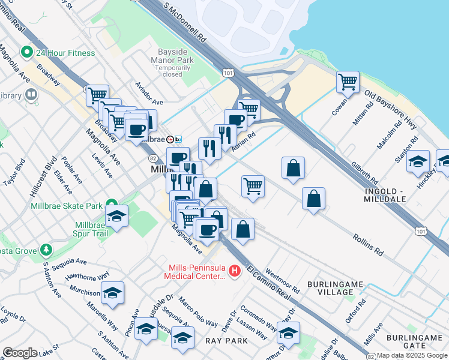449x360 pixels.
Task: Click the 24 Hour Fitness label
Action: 65,53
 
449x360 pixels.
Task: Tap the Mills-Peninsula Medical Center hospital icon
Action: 235,271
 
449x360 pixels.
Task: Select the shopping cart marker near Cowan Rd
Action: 348,82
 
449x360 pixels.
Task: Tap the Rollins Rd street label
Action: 368,246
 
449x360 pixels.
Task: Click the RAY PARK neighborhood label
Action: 226,340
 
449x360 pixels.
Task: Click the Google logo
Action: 20,353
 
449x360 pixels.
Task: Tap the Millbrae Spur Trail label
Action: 90,230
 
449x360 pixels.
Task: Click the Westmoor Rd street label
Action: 282,278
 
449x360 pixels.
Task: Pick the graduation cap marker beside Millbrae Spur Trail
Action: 116,217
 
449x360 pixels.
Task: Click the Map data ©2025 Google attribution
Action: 412,355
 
